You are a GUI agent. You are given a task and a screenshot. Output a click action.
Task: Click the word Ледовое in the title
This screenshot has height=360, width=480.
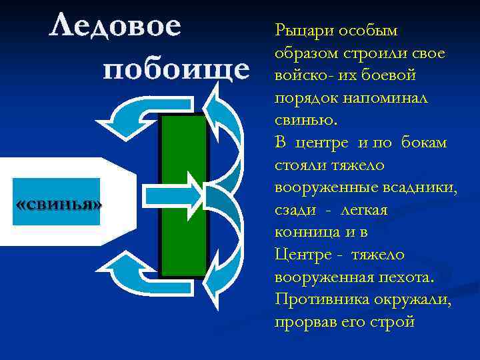(x=115, y=27)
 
